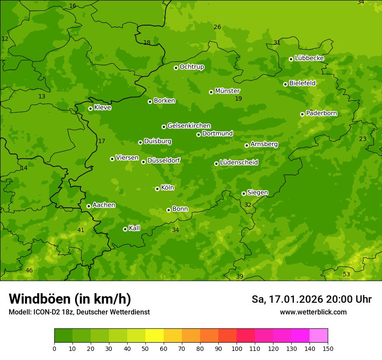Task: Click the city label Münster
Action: coord(227,91)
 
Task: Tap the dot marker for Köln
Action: coord(157,189)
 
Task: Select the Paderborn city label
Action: coord(321,113)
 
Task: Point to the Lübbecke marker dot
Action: coord(291,59)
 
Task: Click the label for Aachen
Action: coord(104,205)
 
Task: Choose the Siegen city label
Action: coord(257,193)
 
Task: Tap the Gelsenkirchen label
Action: coord(189,126)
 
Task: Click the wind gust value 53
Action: coord(346,275)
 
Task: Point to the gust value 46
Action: coord(29,271)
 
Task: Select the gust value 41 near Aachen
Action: coord(81,230)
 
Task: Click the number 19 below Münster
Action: coord(238,99)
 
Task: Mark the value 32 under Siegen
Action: coord(248,205)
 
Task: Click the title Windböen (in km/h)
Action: coord(70,299)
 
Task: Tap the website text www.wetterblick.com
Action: coord(313,312)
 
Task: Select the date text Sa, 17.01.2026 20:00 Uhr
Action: coord(311,299)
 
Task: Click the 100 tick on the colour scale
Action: coord(237,349)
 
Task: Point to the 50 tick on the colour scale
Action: coord(145,349)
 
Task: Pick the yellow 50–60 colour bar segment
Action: coord(155,336)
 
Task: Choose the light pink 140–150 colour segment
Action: coord(319,336)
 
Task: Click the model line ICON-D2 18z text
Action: coord(79,312)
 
